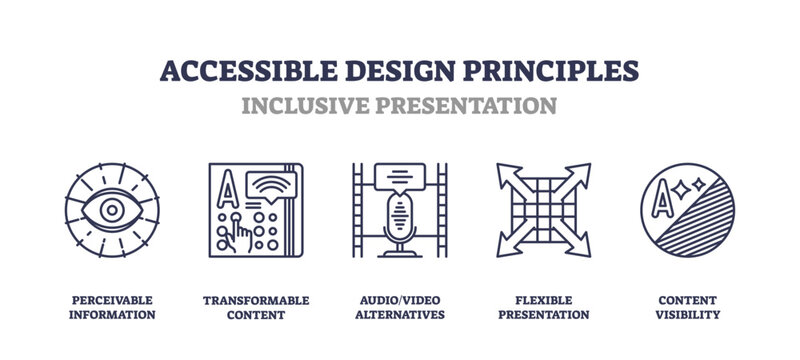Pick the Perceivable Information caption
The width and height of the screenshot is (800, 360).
pos(111,307)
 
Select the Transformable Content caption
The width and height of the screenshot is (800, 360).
pos(256,307)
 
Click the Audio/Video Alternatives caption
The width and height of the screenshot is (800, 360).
pos(399,307)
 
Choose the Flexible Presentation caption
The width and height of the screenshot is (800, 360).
pos(544,307)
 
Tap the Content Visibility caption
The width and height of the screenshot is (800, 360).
pos(688,307)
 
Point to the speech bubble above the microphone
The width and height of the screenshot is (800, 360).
pos(399,176)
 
